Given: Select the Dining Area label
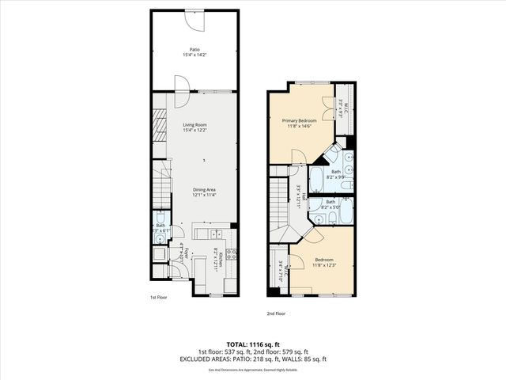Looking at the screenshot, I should [x=205, y=189].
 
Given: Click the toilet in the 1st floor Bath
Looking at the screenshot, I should [x=160, y=220].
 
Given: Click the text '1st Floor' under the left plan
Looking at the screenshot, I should [x=159, y=298].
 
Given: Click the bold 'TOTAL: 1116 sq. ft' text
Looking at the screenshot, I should [x=252, y=344].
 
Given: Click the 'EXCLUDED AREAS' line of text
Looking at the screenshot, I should [x=252, y=359].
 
